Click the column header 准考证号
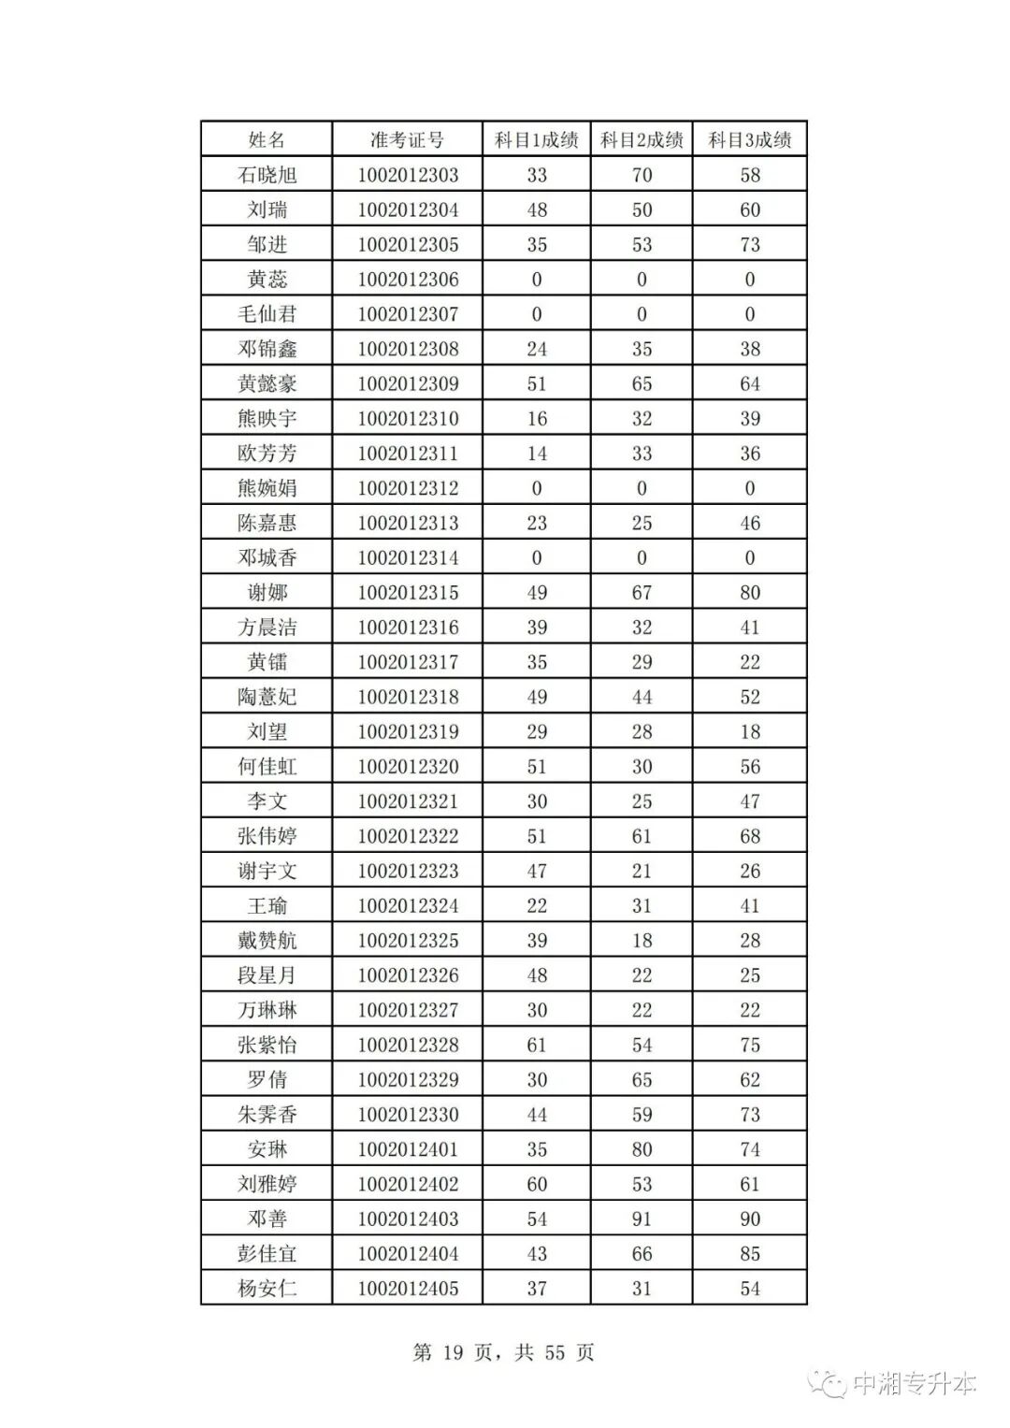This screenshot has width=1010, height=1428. coord(407,140)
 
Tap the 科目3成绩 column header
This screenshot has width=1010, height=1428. coord(749,140)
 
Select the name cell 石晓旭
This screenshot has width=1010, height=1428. coord(267,175)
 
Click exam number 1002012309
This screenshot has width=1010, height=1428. coord(408,383)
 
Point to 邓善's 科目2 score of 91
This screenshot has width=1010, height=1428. coord(642,1219)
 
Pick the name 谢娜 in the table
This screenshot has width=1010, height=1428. coord(267,593)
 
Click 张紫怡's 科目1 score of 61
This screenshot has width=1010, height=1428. coord(537,1045)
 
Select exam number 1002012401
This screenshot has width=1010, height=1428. coord(408,1149)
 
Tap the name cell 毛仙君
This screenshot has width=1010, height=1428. coord(267,314)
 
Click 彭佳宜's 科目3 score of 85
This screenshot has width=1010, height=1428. coord(750,1253)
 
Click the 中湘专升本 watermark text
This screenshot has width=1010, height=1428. coord(914,1383)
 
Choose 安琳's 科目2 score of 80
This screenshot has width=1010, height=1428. coord(642,1149)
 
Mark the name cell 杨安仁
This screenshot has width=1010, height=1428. coord(267,1289)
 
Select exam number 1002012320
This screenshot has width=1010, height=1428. coord(408,767)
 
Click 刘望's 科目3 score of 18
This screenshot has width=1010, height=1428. coord(750,732)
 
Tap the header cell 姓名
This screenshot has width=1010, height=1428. coord(267,140)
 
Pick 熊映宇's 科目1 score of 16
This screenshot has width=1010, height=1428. coord(537,418)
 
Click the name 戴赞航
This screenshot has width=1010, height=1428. coord(267,941)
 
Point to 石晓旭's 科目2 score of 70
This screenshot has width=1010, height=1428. coord(642,175)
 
